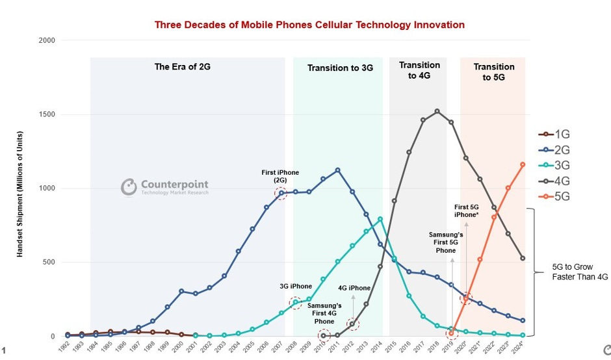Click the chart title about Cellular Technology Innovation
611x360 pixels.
(x=309, y=25)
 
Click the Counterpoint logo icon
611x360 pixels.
(x=128, y=187)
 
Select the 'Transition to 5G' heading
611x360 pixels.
(x=493, y=71)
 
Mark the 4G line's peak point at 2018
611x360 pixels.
(x=437, y=111)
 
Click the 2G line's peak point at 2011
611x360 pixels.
(x=337, y=170)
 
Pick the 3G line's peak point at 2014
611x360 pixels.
(x=380, y=219)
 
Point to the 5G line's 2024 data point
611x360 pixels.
(x=523, y=164)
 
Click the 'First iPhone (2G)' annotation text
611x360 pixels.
(x=280, y=177)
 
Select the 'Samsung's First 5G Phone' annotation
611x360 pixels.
(x=446, y=241)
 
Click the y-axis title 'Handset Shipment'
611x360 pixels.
(x=20, y=188)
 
